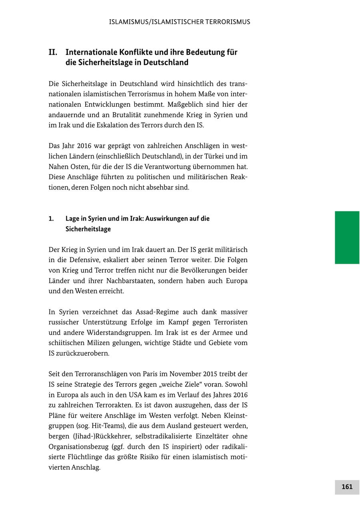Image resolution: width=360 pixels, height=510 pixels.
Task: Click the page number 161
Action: point(347,487)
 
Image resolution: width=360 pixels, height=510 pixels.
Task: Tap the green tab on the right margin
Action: point(347,237)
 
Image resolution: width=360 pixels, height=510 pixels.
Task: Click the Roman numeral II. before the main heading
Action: point(53,52)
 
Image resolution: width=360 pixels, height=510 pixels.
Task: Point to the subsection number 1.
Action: point(51,219)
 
